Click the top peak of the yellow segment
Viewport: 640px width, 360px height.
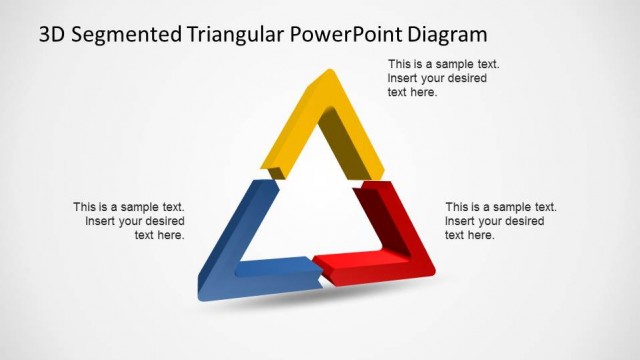point(327,72)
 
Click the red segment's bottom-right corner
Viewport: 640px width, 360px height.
point(432,271)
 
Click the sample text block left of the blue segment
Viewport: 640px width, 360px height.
point(129,221)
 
